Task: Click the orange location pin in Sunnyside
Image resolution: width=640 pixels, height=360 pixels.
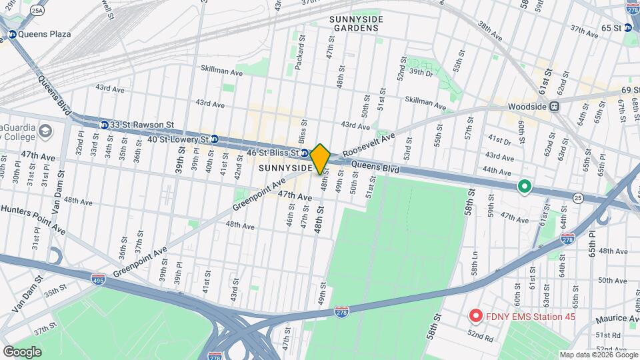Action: tap(321, 159)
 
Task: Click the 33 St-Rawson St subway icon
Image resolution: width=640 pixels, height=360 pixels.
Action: tap(104, 125)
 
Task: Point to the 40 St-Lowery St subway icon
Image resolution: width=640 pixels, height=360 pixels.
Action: tap(215, 139)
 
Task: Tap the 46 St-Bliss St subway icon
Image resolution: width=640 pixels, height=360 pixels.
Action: tap(305, 153)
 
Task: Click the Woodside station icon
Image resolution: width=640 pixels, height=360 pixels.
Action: tap(555, 106)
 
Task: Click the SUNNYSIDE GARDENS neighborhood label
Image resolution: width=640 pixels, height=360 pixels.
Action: tap(355, 23)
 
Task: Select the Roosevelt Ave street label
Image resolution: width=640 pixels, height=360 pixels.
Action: tap(369, 145)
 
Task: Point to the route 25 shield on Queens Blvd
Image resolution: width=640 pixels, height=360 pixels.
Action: tap(578, 198)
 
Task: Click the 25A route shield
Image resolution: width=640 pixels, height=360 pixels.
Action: tap(37, 11)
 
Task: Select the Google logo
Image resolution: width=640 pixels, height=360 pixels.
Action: tap(22, 351)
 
